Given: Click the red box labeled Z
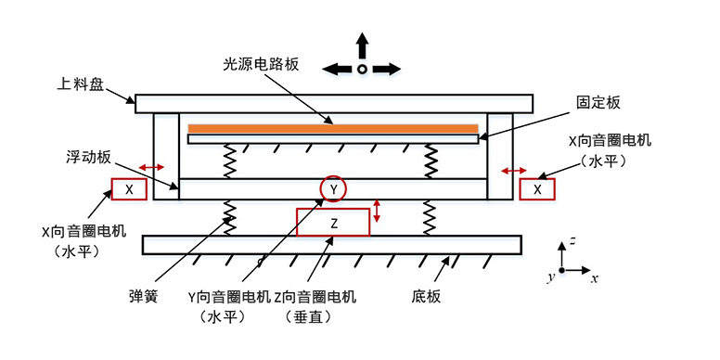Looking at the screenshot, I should [x=332, y=222].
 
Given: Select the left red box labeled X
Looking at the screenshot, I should [x=130, y=189].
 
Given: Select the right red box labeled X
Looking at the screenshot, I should [x=537, y=189].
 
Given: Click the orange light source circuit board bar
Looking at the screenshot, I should [x=333, y=127].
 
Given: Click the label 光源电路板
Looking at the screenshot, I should [x=262, y=65].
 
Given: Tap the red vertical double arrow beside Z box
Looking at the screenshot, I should [x=377, y=212].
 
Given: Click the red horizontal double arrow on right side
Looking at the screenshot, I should [x=514, y=171].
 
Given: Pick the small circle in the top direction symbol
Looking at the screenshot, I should [x=362, y=69].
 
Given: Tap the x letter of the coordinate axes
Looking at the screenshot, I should [x=594, y=278].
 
